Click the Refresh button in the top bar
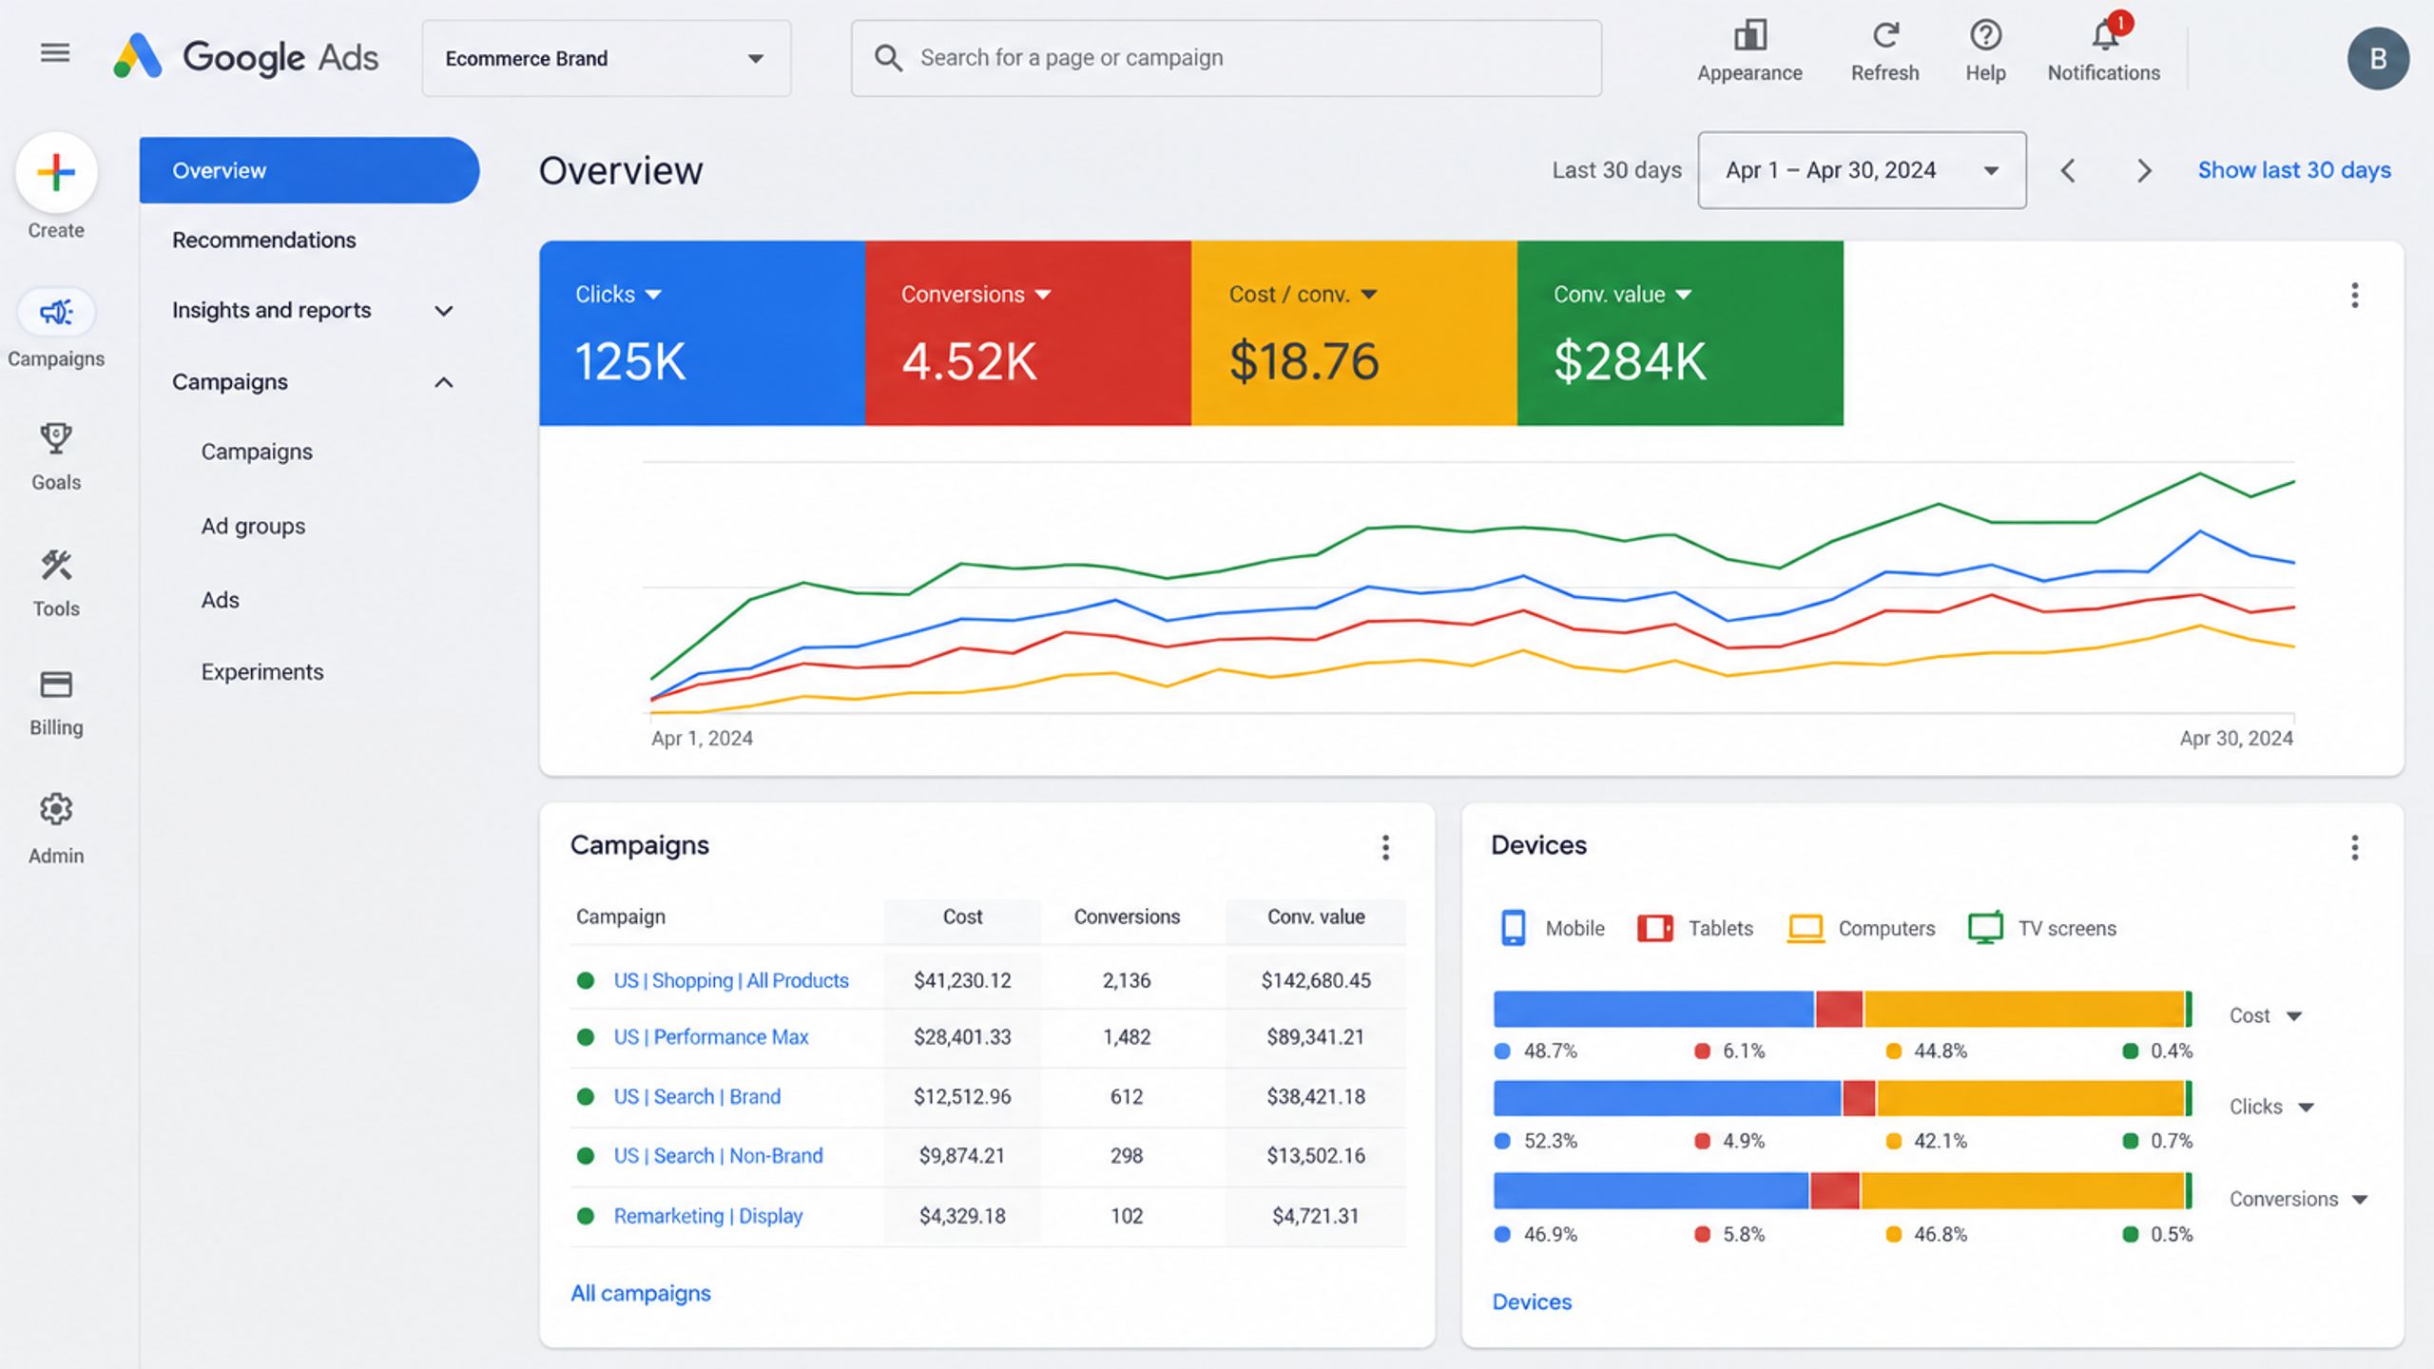pos(1884,52)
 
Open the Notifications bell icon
pos(2105,36)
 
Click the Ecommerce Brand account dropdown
pos(607,58)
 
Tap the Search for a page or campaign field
pos(1226,58)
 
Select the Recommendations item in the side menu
pos(264,240)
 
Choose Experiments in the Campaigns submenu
pos(262,671)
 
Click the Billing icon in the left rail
pos(56,684)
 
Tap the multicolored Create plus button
pos(56,172)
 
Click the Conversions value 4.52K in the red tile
pos(969,361)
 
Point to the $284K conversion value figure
pos(1630,361)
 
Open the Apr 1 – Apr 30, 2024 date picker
pos(1862,170)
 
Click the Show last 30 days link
pos(2293,170)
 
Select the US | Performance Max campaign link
pos(710,1036)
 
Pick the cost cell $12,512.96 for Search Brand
pos(962,1096)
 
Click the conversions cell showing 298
pos(1127,1155)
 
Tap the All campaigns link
pos(641,1293)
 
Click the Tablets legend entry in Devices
pos(1695,928)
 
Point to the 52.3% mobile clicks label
pos(1550,1141)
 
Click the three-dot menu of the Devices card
pos(2354,847)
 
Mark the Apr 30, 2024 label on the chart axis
pos(2236,738)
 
